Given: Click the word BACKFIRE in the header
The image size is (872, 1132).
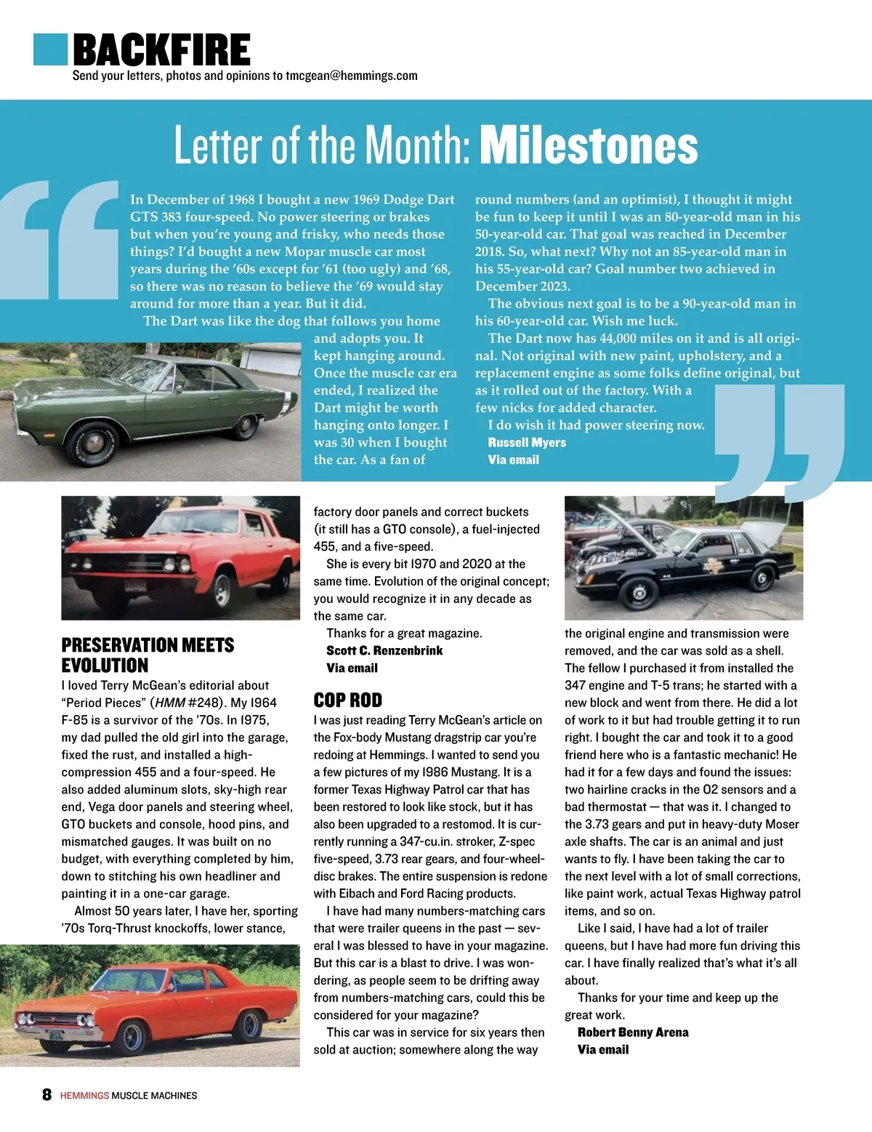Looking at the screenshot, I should tap(162, 50).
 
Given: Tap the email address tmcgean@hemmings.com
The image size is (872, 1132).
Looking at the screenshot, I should tap(351, 76).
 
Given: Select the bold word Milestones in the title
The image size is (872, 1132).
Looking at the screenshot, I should tap(589, 145).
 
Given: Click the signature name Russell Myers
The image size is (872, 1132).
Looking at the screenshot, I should tap(527, 442).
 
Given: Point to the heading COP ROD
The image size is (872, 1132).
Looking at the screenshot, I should tap(347, 700).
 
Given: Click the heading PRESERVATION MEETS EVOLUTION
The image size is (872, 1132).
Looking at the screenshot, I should tap(148, 655).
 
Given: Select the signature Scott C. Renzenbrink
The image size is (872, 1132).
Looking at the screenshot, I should tap(384, 650).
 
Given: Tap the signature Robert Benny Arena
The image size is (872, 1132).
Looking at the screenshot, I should tap(633, 1032).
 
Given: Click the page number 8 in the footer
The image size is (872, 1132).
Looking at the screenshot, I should tap(47, 1095).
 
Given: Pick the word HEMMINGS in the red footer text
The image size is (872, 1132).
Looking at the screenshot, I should tap(84, 1096).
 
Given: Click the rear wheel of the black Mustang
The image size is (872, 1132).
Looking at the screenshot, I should tap(762, 578).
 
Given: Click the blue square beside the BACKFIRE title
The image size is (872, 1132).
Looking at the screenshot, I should tap(50, 49).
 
